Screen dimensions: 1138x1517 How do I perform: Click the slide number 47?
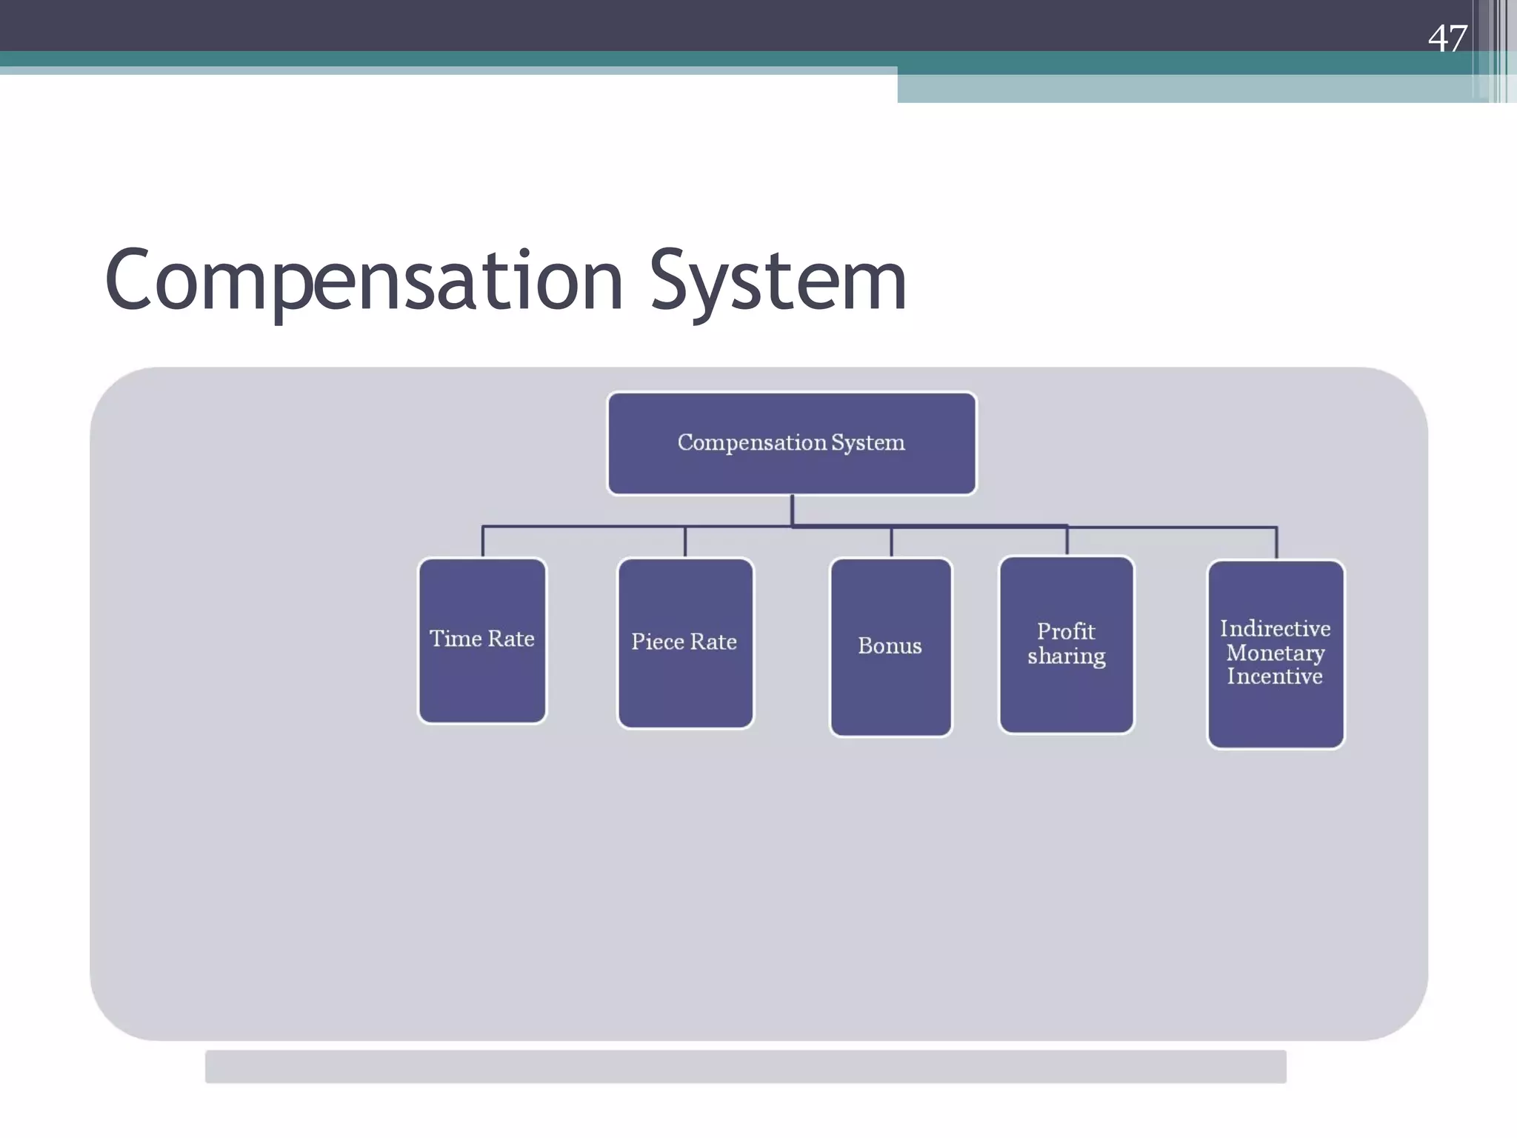1447,39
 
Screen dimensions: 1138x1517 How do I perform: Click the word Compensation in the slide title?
363,282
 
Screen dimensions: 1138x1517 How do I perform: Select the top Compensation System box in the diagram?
791,443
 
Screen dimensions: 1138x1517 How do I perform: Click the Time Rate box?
482,640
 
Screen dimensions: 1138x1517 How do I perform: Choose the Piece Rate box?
685,643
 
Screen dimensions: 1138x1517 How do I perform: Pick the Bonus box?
890,646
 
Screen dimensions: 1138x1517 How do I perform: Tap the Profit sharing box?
1066,644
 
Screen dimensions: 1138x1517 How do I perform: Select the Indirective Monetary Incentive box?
1275,653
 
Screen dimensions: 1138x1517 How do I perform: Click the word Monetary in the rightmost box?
1275,653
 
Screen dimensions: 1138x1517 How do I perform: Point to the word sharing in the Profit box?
1066,656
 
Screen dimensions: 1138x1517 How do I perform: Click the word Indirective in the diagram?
1275,629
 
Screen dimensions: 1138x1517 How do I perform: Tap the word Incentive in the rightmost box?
1275,676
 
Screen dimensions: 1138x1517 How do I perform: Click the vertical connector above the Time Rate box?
483,542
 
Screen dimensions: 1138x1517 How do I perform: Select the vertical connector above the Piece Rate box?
685,542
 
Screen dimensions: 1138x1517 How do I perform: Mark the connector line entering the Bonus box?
891,542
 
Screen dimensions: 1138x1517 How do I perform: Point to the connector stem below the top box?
792,510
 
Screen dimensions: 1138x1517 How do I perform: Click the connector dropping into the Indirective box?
1276,543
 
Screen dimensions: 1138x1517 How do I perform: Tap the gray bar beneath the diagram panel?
745,1066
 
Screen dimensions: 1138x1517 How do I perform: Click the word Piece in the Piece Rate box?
657,642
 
